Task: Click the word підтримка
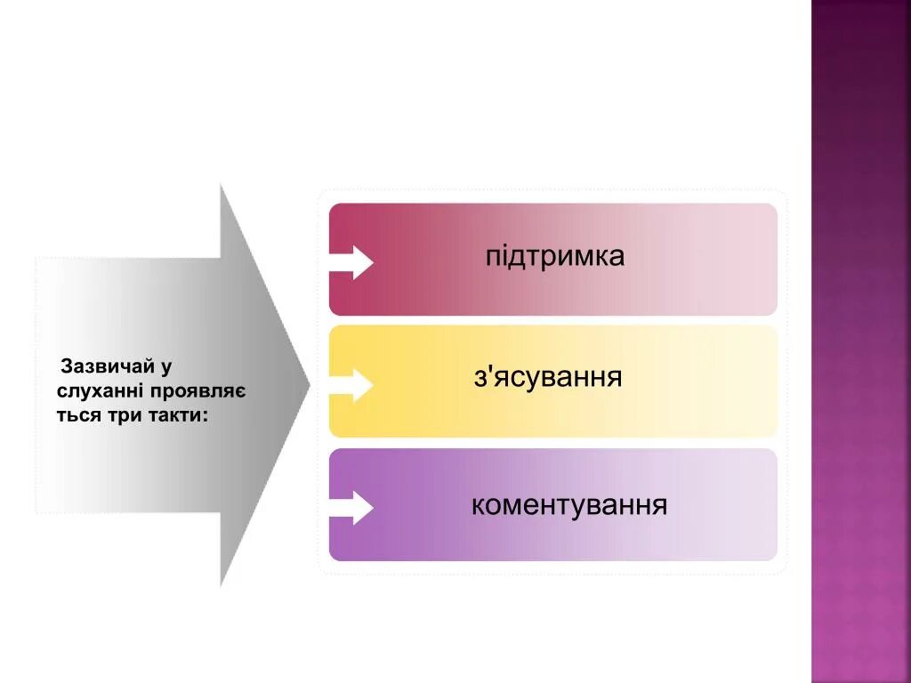[555, 257]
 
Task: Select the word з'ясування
[548, 378]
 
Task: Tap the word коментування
[569, 506]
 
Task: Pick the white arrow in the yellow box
[352, 385]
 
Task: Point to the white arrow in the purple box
[352, 508]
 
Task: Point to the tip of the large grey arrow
[309, 385]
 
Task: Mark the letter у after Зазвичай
[166, 367]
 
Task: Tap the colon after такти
[206, 415]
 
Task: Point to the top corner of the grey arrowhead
[222, 185]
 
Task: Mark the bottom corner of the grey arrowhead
[222, 585]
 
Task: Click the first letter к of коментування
[477, 507]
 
